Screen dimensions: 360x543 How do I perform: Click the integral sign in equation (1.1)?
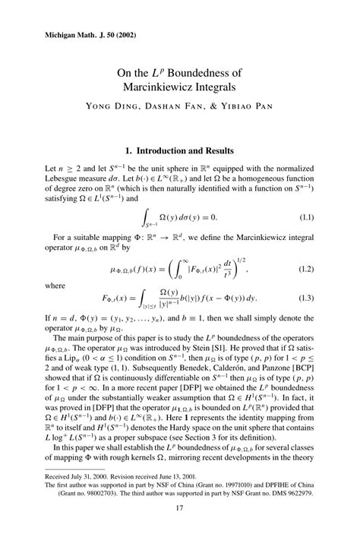(147, 217)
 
